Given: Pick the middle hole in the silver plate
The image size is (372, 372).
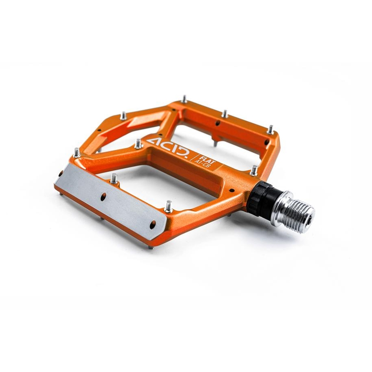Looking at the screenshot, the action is tap(103, 197).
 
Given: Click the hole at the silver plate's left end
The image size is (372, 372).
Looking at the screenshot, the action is tap(61, 173).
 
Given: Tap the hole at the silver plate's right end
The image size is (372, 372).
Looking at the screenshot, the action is tap(153, 225).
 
